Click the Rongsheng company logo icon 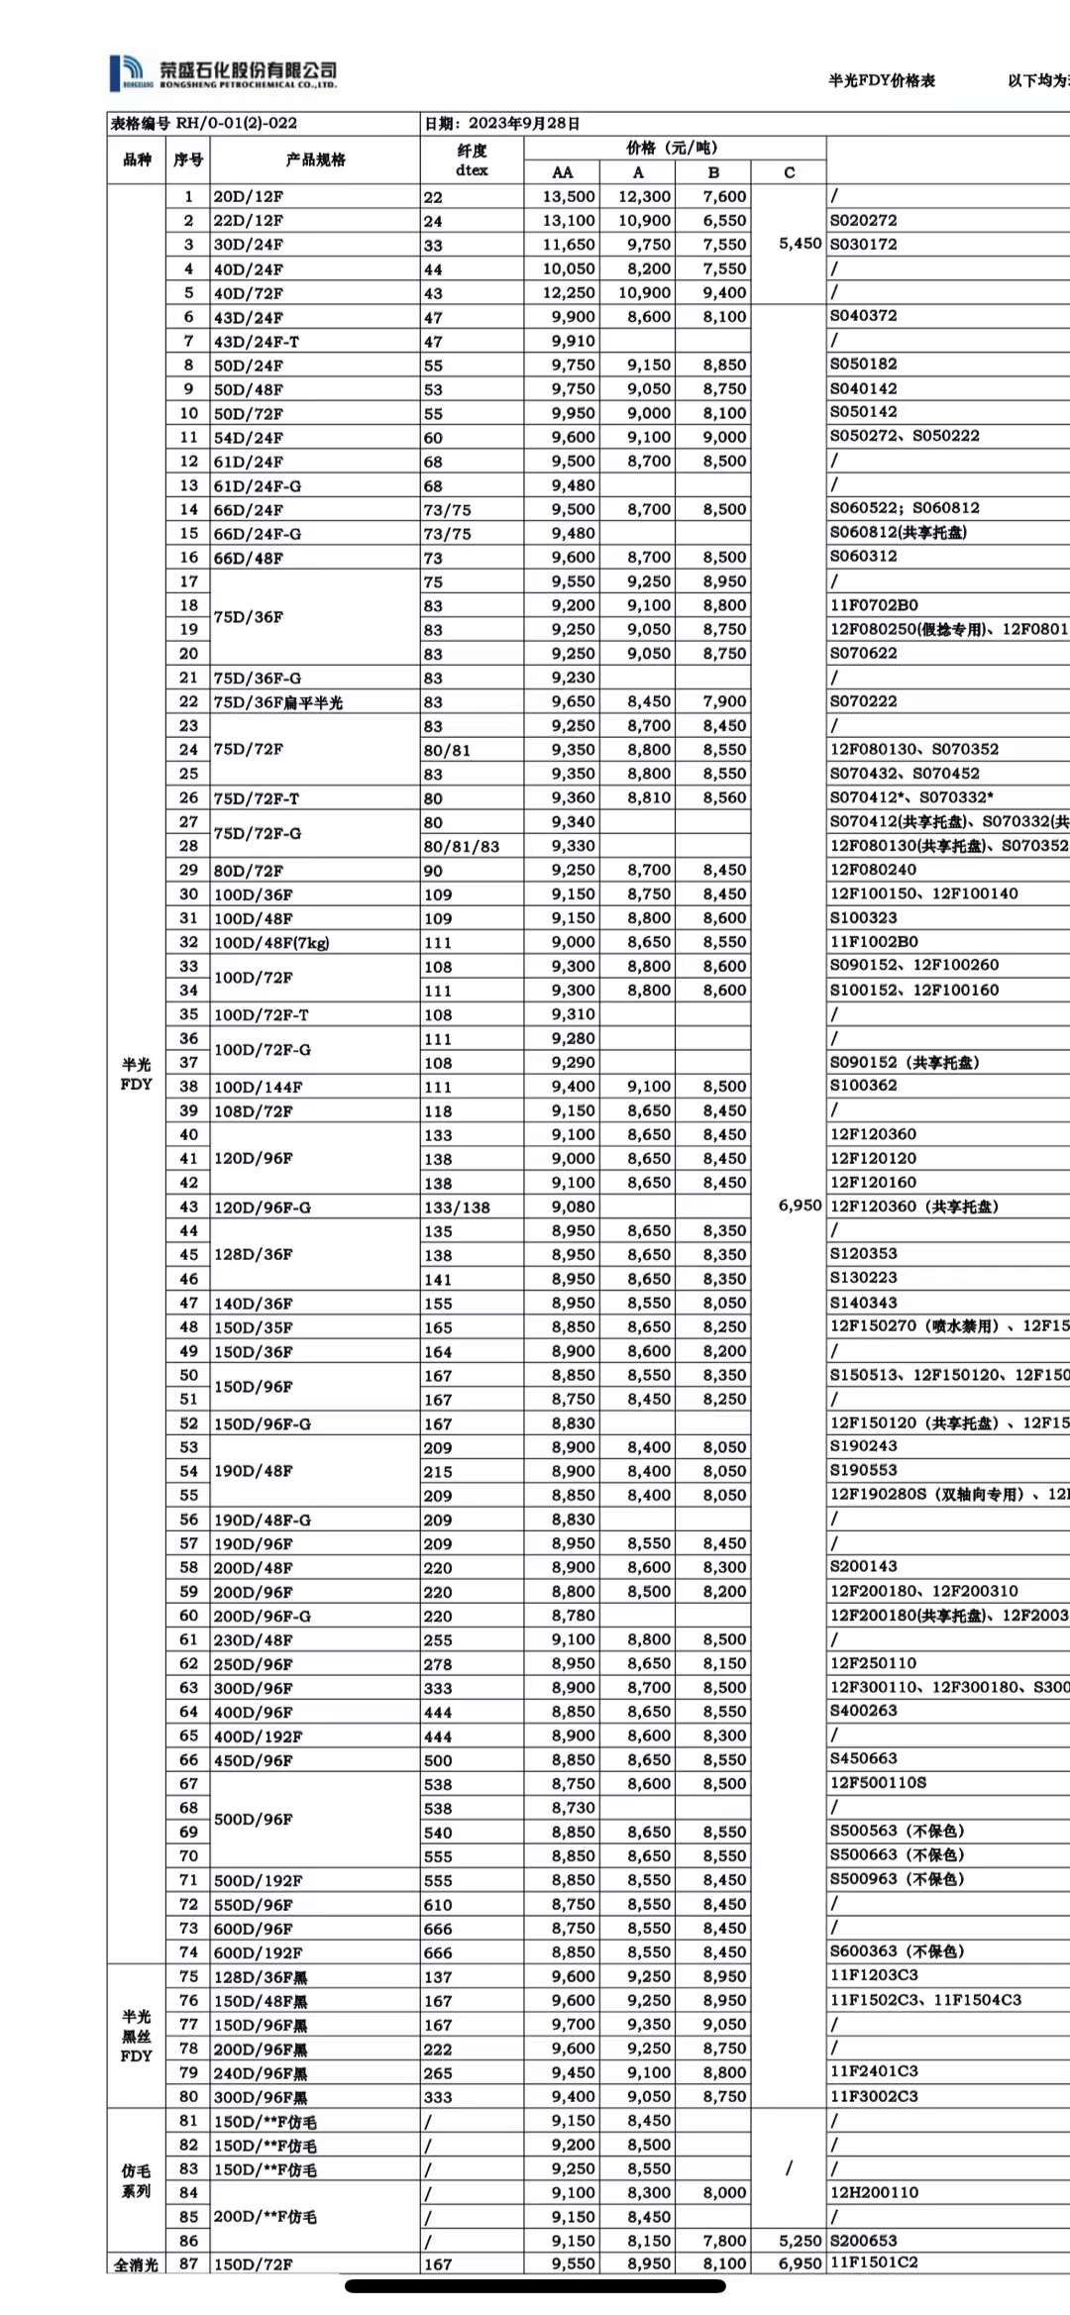[127, 71]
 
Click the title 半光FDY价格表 [881, 80]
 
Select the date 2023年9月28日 [523, 123]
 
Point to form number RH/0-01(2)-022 [236, 123]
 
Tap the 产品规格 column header [315, 159]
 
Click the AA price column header [563, 172]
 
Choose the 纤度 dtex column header [472, 159]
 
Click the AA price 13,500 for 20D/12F [569, 196]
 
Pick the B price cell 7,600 [724, 196]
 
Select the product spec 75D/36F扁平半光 [278, 702]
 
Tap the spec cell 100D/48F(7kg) [271, 942]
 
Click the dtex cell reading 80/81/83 [462, 846]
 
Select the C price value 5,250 [800, 2240]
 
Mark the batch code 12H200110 [874, 2192]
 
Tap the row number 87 [188, 2263]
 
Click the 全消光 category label [136, 2264]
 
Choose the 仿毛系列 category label [136, 2180]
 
